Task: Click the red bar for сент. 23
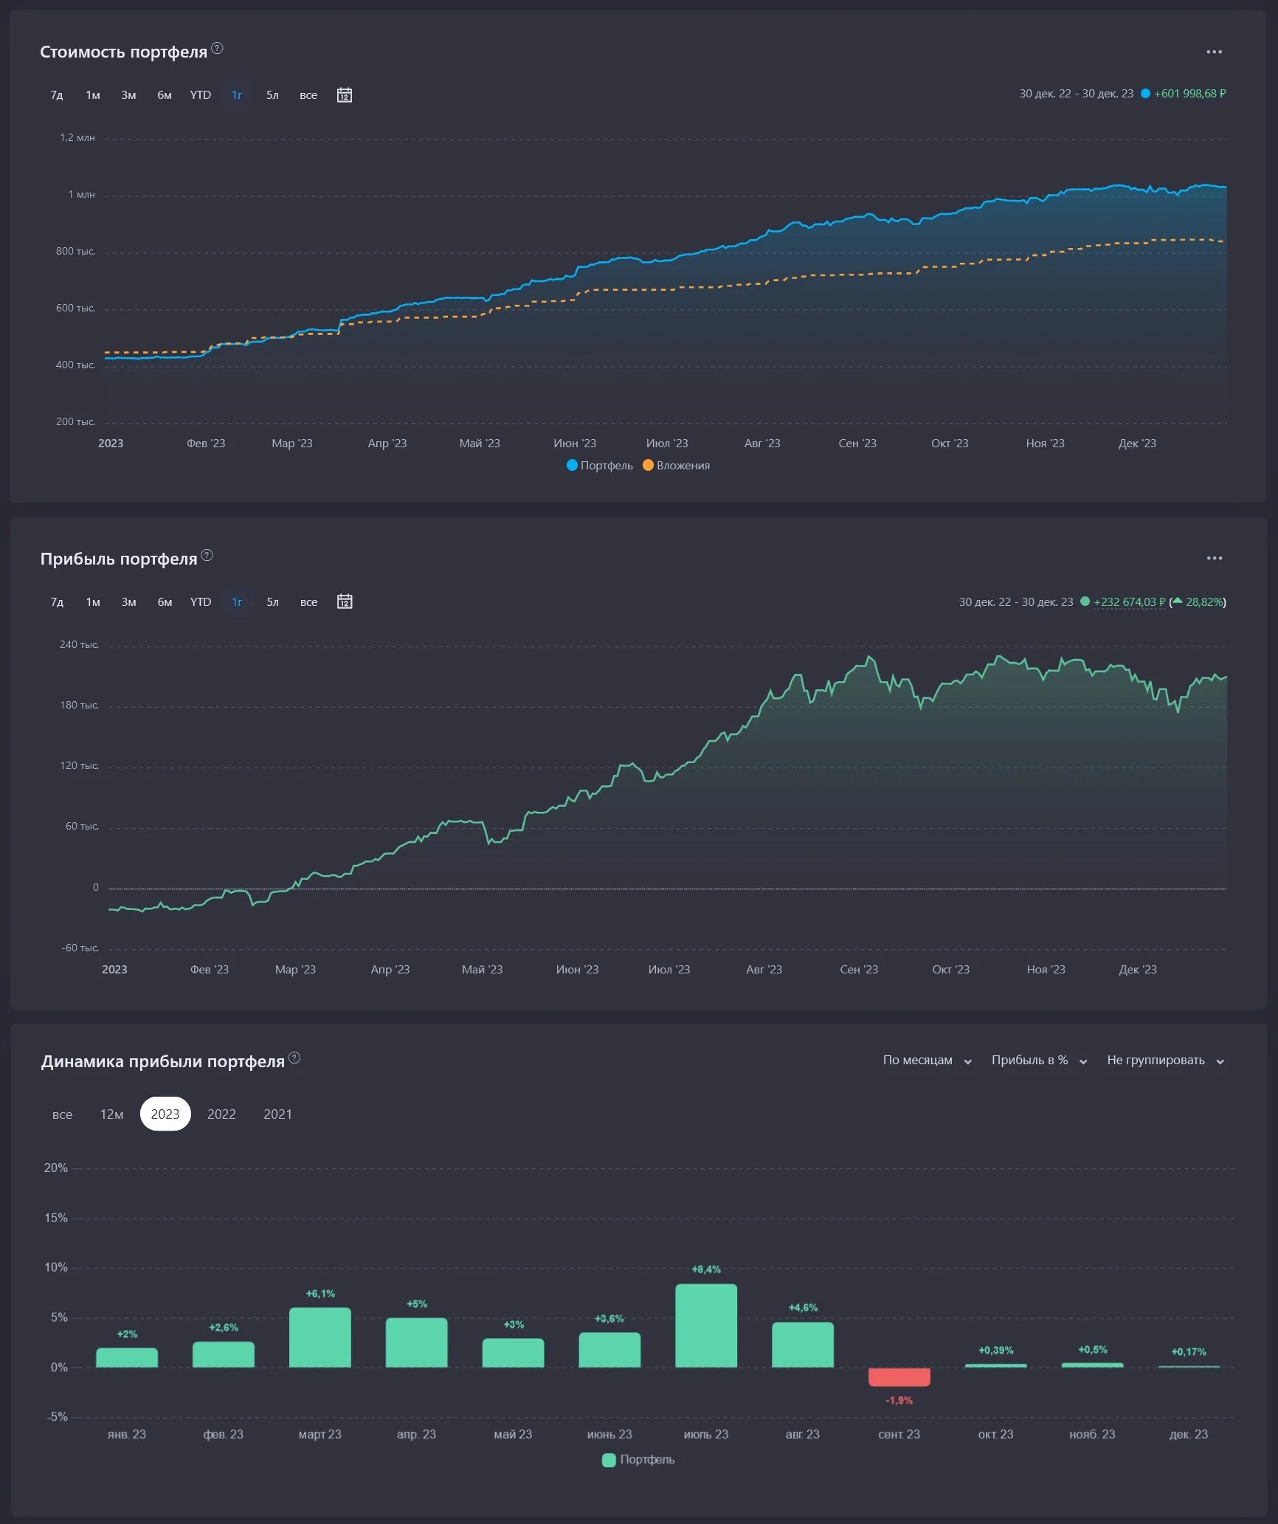899,1377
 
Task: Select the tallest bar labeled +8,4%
706,1326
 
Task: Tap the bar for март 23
320,1338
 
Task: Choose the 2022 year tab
221,1114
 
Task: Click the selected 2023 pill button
165,1114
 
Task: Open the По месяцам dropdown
928,1061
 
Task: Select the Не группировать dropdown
1166,1061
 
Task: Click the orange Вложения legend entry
677,466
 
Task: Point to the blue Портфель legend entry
600,466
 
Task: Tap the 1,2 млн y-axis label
77,138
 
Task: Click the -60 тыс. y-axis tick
80,948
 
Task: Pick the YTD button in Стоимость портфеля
201,95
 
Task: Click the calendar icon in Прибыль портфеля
345,602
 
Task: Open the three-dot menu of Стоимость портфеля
1215,52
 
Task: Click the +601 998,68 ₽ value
1190,94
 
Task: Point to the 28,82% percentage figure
1204,602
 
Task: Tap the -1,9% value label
899,1401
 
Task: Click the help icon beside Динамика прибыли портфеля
294,1058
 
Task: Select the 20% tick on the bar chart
56,1168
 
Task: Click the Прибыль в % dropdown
1040,1061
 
